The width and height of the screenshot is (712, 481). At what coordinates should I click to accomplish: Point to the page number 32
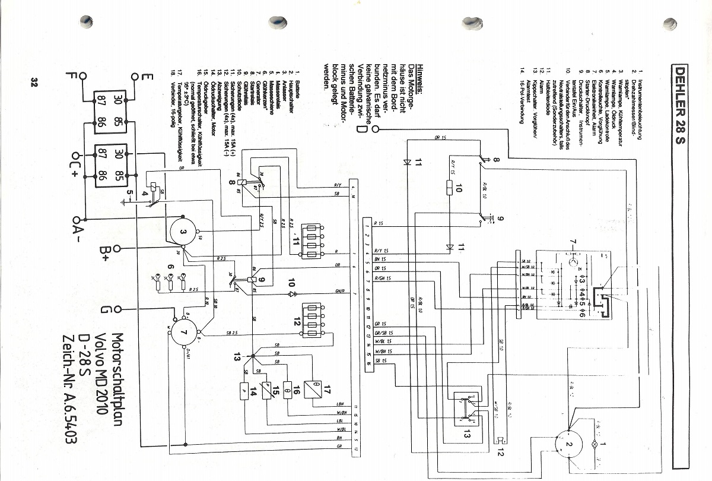[x=34, y=82]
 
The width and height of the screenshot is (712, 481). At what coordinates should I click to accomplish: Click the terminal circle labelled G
[x=118, y=309]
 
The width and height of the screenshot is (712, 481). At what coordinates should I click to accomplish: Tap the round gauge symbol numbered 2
[x=569, y=444]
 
